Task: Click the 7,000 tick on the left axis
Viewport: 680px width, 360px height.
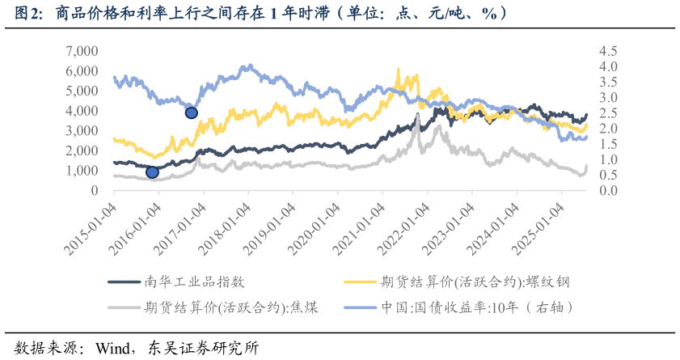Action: click(80, 51)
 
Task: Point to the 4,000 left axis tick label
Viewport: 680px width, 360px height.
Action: click(80, 111)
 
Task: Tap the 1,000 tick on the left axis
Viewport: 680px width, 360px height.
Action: click(80, 171)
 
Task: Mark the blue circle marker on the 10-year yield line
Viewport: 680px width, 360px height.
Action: click(192, 112)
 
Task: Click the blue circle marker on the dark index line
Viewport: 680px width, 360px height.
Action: click(152, 172)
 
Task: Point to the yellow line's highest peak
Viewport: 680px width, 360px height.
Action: click(398, 70)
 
